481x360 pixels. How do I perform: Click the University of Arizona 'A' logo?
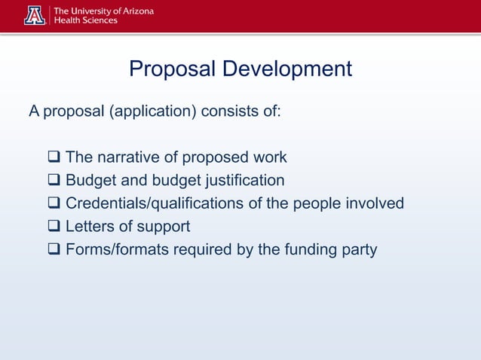point(35,15)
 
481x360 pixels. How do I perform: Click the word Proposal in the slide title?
point(173,69)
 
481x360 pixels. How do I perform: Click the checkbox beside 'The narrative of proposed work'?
point(54,158)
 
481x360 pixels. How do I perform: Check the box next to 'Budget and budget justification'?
point(54,181)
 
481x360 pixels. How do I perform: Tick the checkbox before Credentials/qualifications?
point(54,203)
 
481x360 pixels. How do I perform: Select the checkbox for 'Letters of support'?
point(54,226)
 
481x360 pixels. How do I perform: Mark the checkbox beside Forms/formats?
point(54,249)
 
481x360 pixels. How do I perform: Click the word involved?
point(375,203)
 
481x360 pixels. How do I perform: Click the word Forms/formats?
point(117,249)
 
